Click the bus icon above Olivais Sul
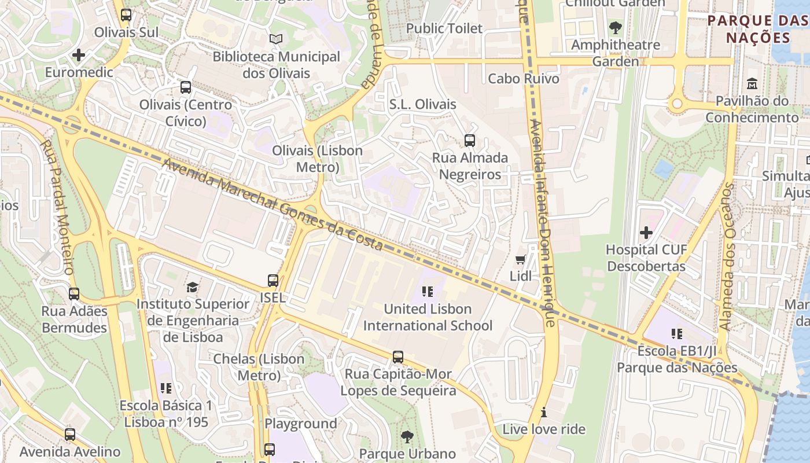coord(126,15)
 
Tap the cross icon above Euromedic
coord(79,56)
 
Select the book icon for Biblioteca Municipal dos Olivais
coord(276,39)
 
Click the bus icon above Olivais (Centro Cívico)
coord(185,87)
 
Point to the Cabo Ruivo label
coord(524,79)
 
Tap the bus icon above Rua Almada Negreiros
coord(470,141)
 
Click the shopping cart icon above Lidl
coord(520,259)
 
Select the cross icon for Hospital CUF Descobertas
coord(646,233)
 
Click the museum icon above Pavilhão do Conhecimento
coord(752,84)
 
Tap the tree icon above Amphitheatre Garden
coord(616,28)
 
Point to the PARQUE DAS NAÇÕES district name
coord(758,30)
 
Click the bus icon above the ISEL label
coord(273,281)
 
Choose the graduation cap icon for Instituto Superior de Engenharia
coord(192,287)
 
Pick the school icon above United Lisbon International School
coord(428,292)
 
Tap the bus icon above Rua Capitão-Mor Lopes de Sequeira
coord(398,357)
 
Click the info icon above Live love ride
coord(543,413)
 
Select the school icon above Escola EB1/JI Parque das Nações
coord(677,334)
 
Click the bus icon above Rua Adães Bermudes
coord(74,294)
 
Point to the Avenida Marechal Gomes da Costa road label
coord(273,205)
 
